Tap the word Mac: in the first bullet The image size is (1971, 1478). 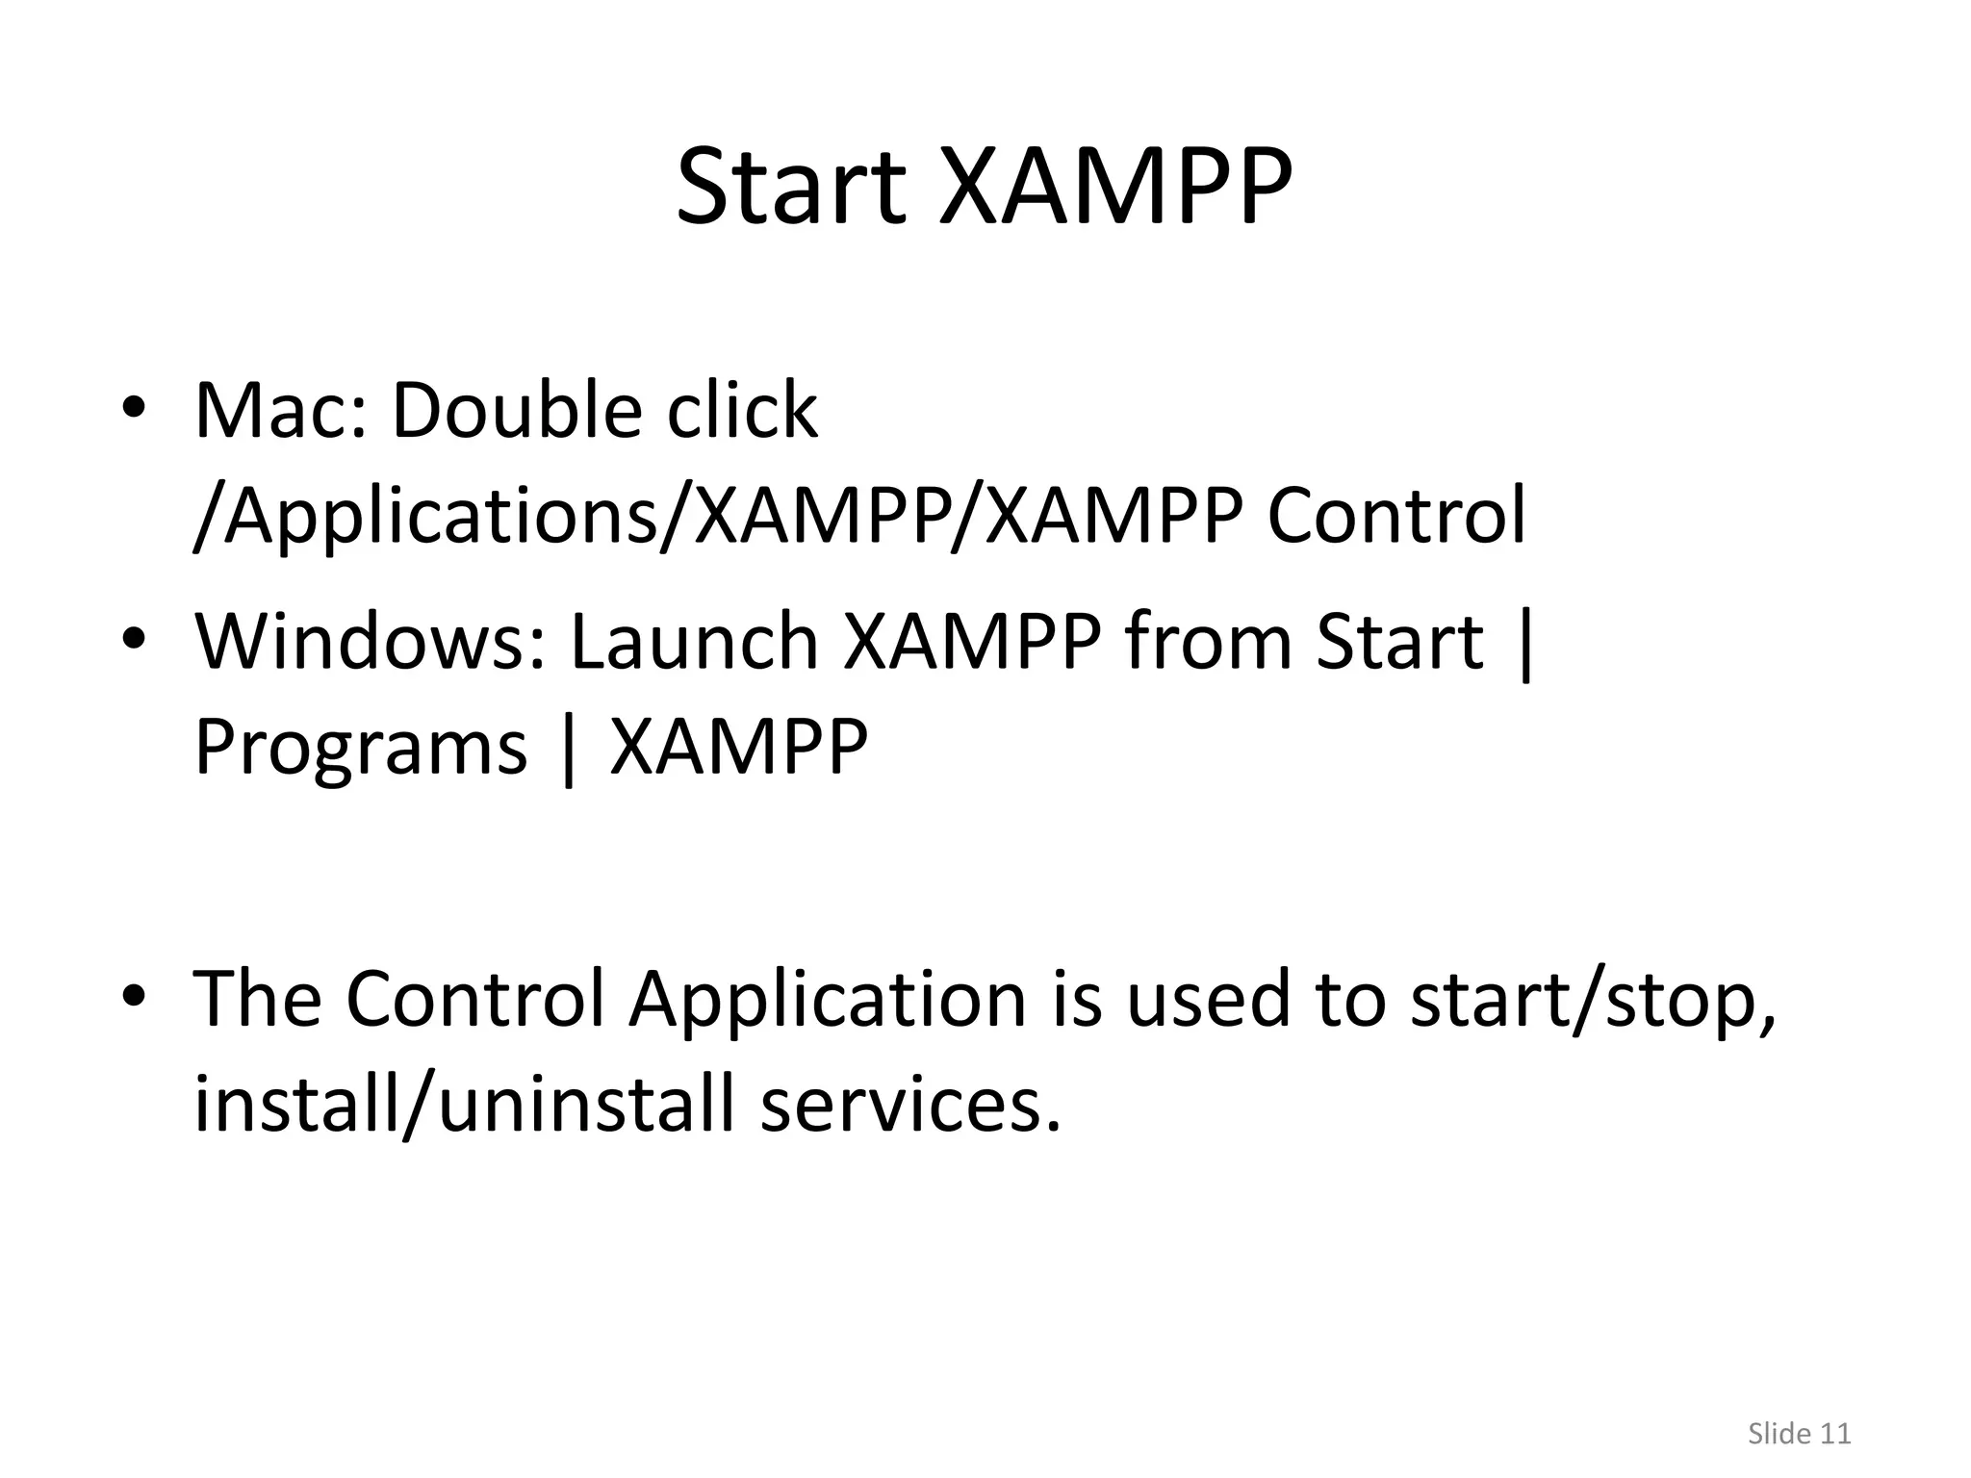point(280,411)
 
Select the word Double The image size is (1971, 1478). point(516,411)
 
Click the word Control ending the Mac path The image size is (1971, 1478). point(1395,517)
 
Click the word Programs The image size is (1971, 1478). point(361,748)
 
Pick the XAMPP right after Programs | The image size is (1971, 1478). point(739,748)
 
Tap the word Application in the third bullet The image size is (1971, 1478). point(828,1001)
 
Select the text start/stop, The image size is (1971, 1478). point(1592,1001)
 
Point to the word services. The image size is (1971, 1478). point(909,1104)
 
